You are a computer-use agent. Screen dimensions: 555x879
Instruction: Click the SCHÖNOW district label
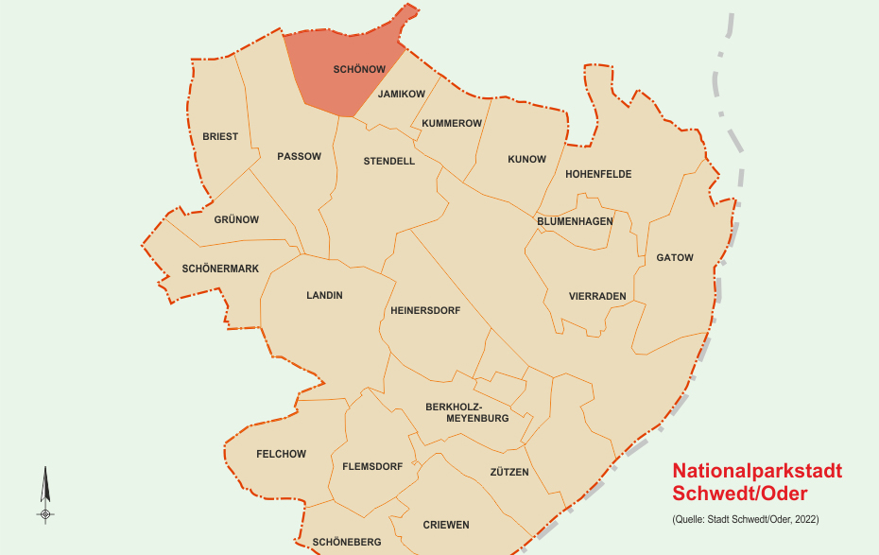point(359,70)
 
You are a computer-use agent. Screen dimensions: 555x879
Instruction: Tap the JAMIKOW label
point(402,95)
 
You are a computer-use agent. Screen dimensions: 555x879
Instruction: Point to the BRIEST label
point(220,137)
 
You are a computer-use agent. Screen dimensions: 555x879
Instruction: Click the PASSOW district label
point(299,157)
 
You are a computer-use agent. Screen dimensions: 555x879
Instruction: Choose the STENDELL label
point(389,162)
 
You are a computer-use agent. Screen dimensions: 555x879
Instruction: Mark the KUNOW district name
point(526,160)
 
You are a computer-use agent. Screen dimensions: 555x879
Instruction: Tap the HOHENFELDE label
point(598,175)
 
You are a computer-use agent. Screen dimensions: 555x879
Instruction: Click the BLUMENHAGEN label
point(575,221)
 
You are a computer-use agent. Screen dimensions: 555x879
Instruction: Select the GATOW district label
point(675,258)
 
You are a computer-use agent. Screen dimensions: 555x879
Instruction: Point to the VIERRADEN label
point(597,297)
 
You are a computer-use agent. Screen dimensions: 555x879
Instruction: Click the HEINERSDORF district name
point(425,311)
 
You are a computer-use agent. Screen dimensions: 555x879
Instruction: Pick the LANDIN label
point(324,296)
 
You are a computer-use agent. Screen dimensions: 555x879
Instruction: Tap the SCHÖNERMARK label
point(220,269)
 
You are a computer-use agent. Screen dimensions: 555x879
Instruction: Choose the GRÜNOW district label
point(236,220)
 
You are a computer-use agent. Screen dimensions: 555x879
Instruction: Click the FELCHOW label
point(281,455)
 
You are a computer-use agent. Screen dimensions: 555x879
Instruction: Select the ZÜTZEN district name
point(509,473)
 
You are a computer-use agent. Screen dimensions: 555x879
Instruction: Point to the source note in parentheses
point(746,520)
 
